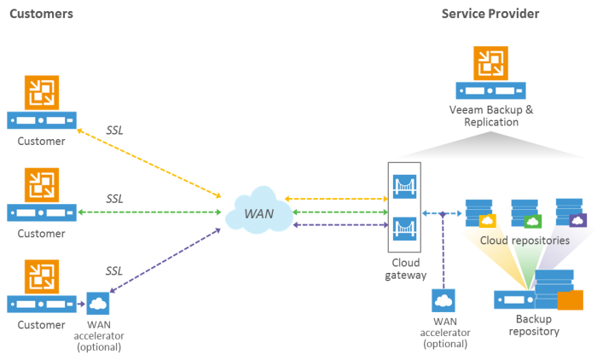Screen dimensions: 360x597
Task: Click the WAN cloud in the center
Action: click(x=258, y=212)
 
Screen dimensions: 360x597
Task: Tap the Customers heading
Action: click(x=41, y=14)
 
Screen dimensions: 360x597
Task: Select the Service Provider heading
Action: click(x=490, y=14)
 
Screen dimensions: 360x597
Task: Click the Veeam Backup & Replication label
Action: click(x=491, y=116)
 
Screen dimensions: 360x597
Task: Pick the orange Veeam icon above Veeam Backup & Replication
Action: click(x=490, y=63)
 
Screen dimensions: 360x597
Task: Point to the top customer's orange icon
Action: click(x=41, y=93)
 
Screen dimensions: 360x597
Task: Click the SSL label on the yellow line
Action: click(x=115, y=131)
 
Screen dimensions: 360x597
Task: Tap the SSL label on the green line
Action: click(x=115, y=198)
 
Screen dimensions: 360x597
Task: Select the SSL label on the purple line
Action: click(x=115, y=270)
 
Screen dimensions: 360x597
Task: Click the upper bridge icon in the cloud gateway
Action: click(x=403, y=185)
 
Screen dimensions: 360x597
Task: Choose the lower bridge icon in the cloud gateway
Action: click(x=403, y=229)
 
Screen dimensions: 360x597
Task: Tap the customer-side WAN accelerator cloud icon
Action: click(x=97, y=303)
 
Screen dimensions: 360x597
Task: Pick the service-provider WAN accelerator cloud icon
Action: click(x=443, y=300)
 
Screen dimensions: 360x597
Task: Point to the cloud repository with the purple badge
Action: click(x=570, y=212)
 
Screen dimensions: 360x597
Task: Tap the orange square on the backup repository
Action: click(x=570, y=300)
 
